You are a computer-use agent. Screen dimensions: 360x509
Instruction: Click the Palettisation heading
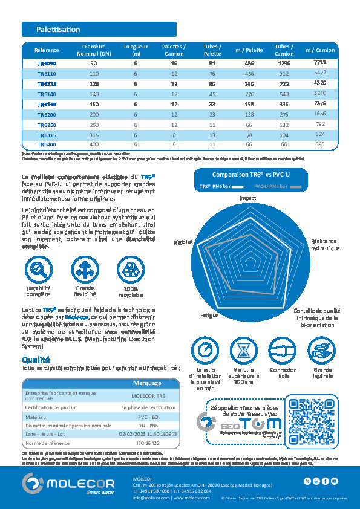point(58,29)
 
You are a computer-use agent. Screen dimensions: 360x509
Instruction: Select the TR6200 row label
point(47,114)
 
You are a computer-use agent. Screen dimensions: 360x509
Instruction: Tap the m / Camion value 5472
point(320,72)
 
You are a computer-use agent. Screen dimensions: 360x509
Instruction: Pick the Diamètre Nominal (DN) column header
point(94,50)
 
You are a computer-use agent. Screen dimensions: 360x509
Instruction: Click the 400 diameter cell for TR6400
point(94,145)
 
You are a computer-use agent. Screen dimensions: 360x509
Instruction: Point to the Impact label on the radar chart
point(247,198)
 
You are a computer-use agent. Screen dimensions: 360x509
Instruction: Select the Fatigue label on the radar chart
point(209,316)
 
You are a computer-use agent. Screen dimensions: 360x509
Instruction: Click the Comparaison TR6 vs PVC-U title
point(247,174)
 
